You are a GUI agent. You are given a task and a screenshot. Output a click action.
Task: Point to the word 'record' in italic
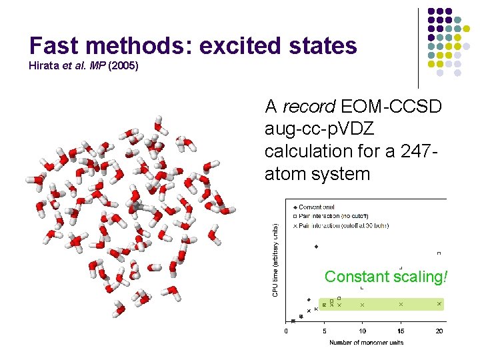[x=309, y=106]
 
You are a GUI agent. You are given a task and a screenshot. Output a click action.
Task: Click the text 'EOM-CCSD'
[x=391, y=106]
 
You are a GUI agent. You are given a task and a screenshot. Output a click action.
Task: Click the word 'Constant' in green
[x=357, y=276]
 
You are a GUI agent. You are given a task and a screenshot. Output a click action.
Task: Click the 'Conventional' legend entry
[x=317, y=207]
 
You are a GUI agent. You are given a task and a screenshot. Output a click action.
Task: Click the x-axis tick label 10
[x=363, y=331]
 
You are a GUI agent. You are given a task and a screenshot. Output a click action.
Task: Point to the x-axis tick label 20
[x=439, y=331]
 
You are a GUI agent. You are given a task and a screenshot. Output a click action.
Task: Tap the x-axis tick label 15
[x=401, y=331]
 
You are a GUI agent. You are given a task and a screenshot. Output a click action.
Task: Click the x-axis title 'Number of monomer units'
[x=365, y=343]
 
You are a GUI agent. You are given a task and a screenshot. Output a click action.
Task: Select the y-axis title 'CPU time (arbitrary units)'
[x=274, y=260]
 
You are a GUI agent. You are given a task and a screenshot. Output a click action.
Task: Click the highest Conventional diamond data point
[x=317, y=247]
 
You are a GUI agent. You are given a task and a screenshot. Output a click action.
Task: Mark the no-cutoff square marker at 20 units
[x=439, y=253]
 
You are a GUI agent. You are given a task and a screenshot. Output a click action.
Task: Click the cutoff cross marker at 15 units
[x=401, y=304]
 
